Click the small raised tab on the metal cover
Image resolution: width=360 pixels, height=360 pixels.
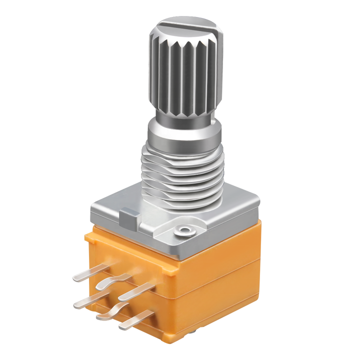[x=129, y=218]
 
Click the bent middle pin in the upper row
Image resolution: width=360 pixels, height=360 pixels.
[x=113, y=282]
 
